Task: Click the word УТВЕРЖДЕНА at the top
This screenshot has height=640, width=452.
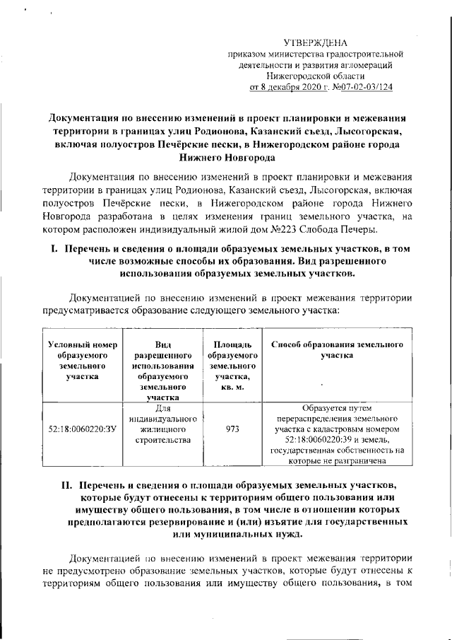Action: pos(315,43)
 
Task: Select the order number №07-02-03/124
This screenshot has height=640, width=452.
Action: pos(362,87)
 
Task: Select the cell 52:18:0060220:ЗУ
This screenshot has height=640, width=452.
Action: pos(81,429)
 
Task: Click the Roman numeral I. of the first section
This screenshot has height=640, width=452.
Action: pos(52,249)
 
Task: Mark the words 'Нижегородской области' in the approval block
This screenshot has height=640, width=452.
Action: pos(316,76)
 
